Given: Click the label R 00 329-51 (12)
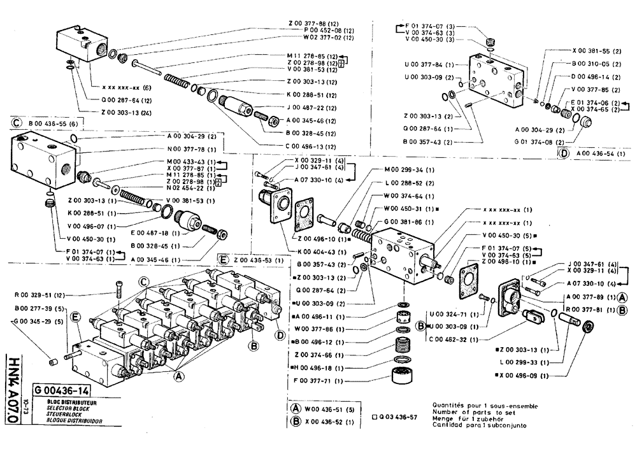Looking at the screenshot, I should point(42,296).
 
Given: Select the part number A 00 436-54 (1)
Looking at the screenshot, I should point(598,153).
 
